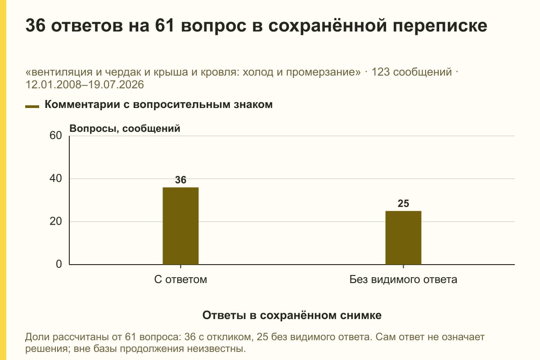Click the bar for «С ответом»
coord(180,226)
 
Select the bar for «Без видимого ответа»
coord(403,238)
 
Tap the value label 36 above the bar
coord(180,180)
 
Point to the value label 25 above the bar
coord(403,203)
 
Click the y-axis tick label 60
coord(56,135)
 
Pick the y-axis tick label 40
coord(56,179)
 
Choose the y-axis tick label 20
coord(56,221)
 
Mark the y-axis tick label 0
coord(59,264)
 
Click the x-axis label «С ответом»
coord(180,279)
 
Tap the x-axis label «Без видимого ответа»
coord(403,279)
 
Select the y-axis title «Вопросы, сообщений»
coord(125,129)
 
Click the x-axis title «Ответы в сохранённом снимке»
coord(292,315)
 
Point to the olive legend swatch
coord(32,107)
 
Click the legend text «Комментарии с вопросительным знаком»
coord(158,104)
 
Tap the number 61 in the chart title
coord(165,25)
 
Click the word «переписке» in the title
coord(440,26)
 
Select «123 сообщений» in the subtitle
coord(412,72)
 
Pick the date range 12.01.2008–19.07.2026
coord(85,85)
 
